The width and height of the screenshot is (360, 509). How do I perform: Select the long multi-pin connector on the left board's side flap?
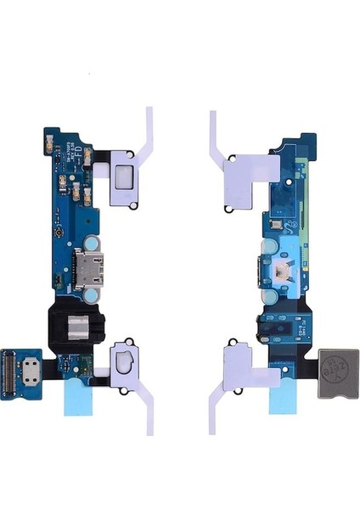click(24, 370)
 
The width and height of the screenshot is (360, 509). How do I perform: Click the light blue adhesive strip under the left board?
click(84, 397)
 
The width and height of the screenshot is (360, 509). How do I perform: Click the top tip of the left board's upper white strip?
click(149, 110)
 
